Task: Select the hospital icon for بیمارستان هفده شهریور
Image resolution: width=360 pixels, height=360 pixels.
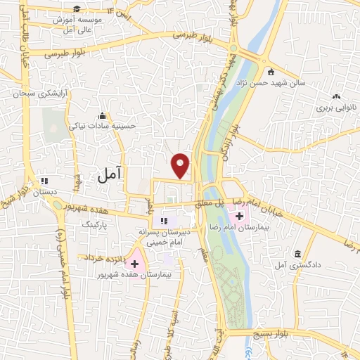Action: pos(134,264)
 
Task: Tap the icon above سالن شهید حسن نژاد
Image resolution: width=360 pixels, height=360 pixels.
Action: pos(271,70)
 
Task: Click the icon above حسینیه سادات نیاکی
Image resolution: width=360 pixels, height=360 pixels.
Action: pos(103,115)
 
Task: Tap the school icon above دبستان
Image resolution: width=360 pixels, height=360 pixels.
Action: pos(44,179)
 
